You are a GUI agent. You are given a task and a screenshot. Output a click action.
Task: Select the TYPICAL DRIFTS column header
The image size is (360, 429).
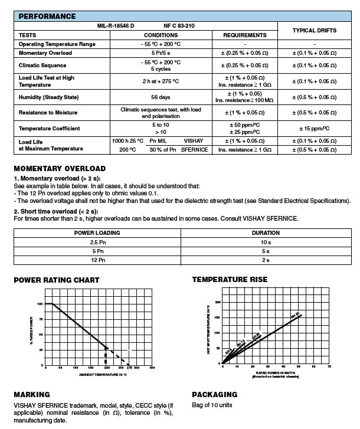[x=315, y=30]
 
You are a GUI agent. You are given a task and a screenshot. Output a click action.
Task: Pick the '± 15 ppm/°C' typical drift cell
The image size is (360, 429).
[x=315, y=129]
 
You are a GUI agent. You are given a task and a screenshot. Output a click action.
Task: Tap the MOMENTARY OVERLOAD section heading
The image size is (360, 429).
[x=60, y=168]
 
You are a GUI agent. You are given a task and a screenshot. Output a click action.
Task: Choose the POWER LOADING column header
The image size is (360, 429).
[x=97, y=232]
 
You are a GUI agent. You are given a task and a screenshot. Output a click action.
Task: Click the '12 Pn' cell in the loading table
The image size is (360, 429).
[x=97, y=260]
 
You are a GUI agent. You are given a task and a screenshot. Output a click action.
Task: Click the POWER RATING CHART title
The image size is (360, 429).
[x=57, y=280]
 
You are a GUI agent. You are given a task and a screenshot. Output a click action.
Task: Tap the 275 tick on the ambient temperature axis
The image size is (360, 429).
[x=129, y=368]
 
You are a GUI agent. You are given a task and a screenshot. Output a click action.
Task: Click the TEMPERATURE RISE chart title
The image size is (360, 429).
[x=230, y=279]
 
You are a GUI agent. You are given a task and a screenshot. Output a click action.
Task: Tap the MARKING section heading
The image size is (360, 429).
[x=32, y=394]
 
